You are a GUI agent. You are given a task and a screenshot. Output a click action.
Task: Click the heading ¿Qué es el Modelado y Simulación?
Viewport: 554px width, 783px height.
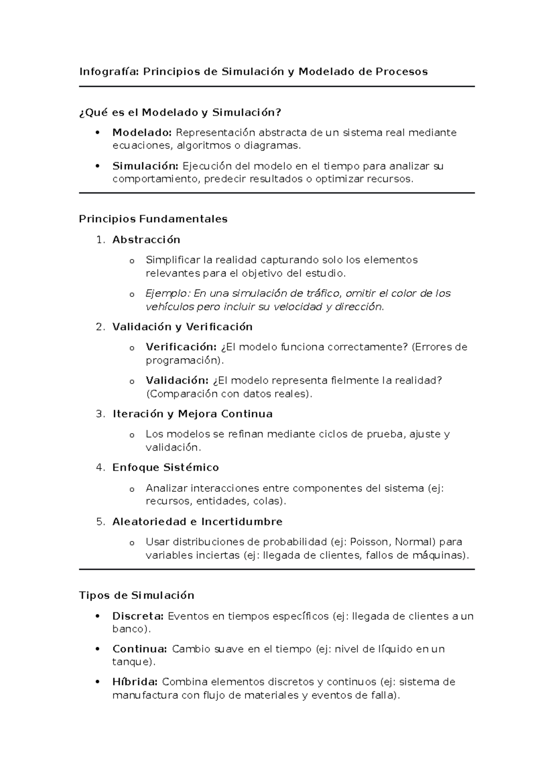coord(180,112)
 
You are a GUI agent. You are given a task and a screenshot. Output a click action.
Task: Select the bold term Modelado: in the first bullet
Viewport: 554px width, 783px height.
coord(142,133)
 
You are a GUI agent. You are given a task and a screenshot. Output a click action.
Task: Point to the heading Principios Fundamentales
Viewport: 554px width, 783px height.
coord(153,219)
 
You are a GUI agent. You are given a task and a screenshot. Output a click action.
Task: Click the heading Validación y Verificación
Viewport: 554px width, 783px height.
coord(182,327)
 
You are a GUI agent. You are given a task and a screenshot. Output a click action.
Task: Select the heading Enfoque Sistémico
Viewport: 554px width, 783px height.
coord(165,468)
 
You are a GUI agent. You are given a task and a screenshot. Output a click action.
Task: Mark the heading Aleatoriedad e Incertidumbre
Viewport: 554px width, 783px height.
coord(197,522)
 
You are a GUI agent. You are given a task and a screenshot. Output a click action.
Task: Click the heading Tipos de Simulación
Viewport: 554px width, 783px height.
coord(137,596)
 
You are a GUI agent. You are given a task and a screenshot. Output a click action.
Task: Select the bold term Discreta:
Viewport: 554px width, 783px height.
coord(138,616)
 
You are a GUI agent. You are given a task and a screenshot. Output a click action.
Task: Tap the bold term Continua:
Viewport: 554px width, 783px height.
coord(139,649)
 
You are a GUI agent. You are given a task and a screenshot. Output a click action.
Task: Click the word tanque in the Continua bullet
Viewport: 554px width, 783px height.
coord(131,662)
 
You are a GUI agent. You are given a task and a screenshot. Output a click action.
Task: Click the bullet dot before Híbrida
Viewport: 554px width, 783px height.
coord(97,682)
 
